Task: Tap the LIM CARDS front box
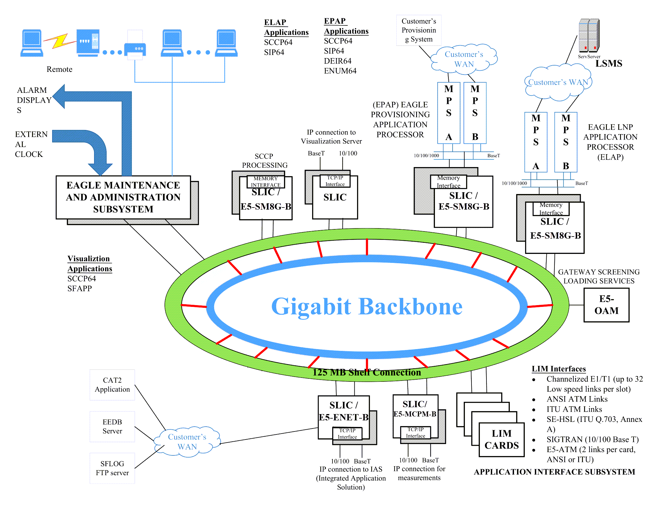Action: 501,439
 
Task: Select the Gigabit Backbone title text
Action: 367,306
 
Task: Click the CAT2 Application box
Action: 112,385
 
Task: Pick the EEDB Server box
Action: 112,426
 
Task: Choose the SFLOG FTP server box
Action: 112,468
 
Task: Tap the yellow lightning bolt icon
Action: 60,41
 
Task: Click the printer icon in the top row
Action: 135,45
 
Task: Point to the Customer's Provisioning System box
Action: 418,30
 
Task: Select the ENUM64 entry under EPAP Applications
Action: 340,71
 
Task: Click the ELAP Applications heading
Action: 286,28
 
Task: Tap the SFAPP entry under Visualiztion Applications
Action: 80,289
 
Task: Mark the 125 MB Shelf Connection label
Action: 366,372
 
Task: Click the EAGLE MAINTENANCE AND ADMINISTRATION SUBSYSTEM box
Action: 123,197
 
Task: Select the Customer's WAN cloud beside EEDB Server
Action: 187,442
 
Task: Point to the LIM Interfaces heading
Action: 559,369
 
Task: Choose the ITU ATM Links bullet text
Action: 574,409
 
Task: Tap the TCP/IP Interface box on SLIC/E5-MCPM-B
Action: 415,432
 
